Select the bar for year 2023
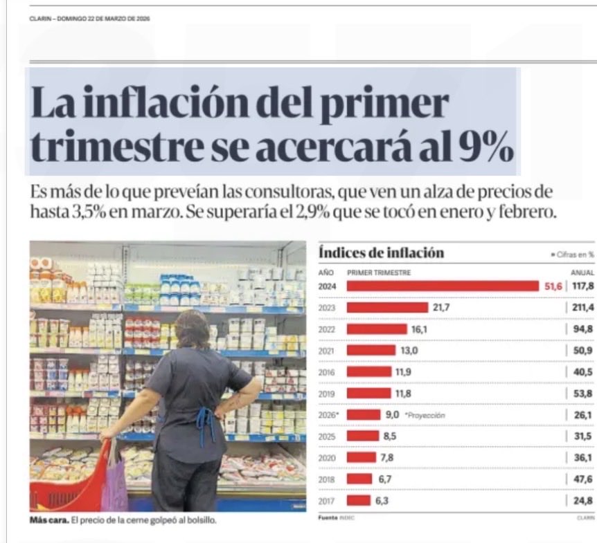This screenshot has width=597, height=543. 387,307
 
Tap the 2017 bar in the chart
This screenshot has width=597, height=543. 358,500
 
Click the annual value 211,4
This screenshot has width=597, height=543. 580,307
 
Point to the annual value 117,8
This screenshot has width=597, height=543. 580,286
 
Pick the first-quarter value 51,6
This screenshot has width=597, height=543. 553,286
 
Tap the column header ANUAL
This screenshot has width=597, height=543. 582,273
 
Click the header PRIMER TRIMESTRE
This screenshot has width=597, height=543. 379,273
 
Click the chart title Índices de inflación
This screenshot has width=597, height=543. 381,253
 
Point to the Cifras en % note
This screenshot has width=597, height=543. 571,255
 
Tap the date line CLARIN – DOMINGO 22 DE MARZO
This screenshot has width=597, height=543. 90,18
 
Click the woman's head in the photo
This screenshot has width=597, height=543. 192,329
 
